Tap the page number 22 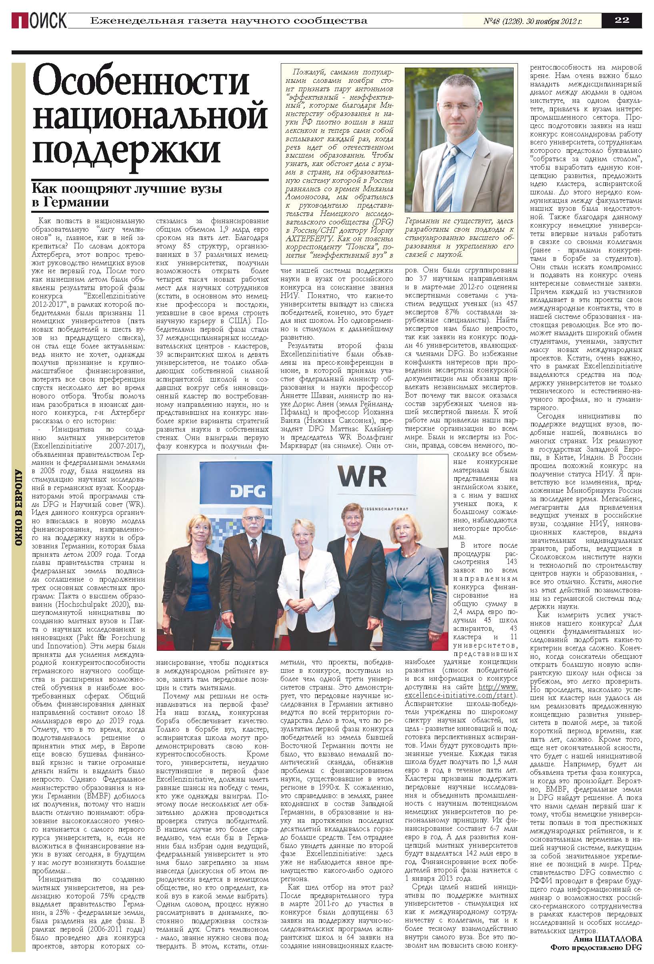coord(622,20)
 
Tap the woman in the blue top coord(193,589)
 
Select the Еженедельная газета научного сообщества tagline coord(228,20)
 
